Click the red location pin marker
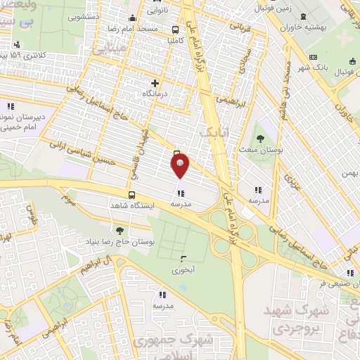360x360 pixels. (x=180, y=166)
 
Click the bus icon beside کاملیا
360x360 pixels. (x=175, y=30)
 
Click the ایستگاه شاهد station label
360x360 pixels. (x=131, y=205)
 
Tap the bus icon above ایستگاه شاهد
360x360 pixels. (x=131, y=194)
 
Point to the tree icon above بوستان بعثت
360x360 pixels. (x=261, y=139)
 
